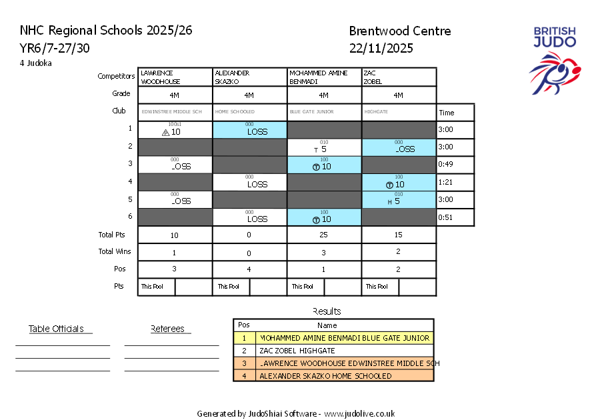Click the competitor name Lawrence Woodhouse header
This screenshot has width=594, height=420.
(x=175, y=77)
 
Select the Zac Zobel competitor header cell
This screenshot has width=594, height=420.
(x=399, y=77)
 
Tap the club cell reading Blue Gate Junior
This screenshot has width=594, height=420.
(x=324, y=112)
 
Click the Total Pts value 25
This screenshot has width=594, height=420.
(x=324, y=235)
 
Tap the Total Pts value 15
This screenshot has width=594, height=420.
(x=399, y=235)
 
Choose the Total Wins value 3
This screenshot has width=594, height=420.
(x=324, y=253)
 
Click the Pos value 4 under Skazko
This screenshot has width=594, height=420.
(x=249, y=270)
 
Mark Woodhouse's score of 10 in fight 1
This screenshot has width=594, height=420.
(x=175, y=132)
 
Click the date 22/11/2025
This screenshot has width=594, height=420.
(x=381, y=48)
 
